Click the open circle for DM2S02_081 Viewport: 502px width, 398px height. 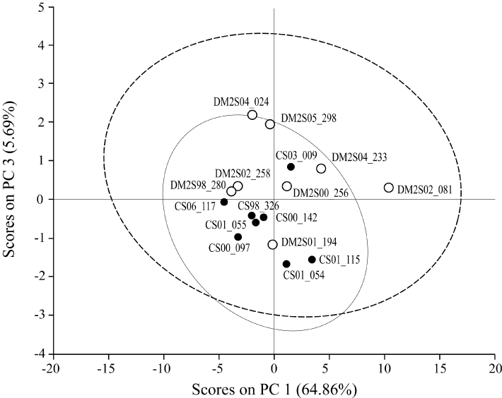point(389,188)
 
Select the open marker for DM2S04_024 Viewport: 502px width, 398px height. point(252,114)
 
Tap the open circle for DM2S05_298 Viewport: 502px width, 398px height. point(270,124)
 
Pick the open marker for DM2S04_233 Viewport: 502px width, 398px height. point(321,169)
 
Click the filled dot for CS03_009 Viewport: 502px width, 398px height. point(291,167)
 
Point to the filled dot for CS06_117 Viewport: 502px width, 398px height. point(224,202)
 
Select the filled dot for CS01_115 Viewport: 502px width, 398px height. point(312,260)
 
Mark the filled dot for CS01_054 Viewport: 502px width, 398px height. point(286,264)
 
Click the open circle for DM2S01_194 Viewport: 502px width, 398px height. point(273,244)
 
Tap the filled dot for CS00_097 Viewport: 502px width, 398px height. point(238,237)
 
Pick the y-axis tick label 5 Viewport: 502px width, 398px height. point(41,8)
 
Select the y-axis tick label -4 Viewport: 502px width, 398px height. point(39,353)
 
